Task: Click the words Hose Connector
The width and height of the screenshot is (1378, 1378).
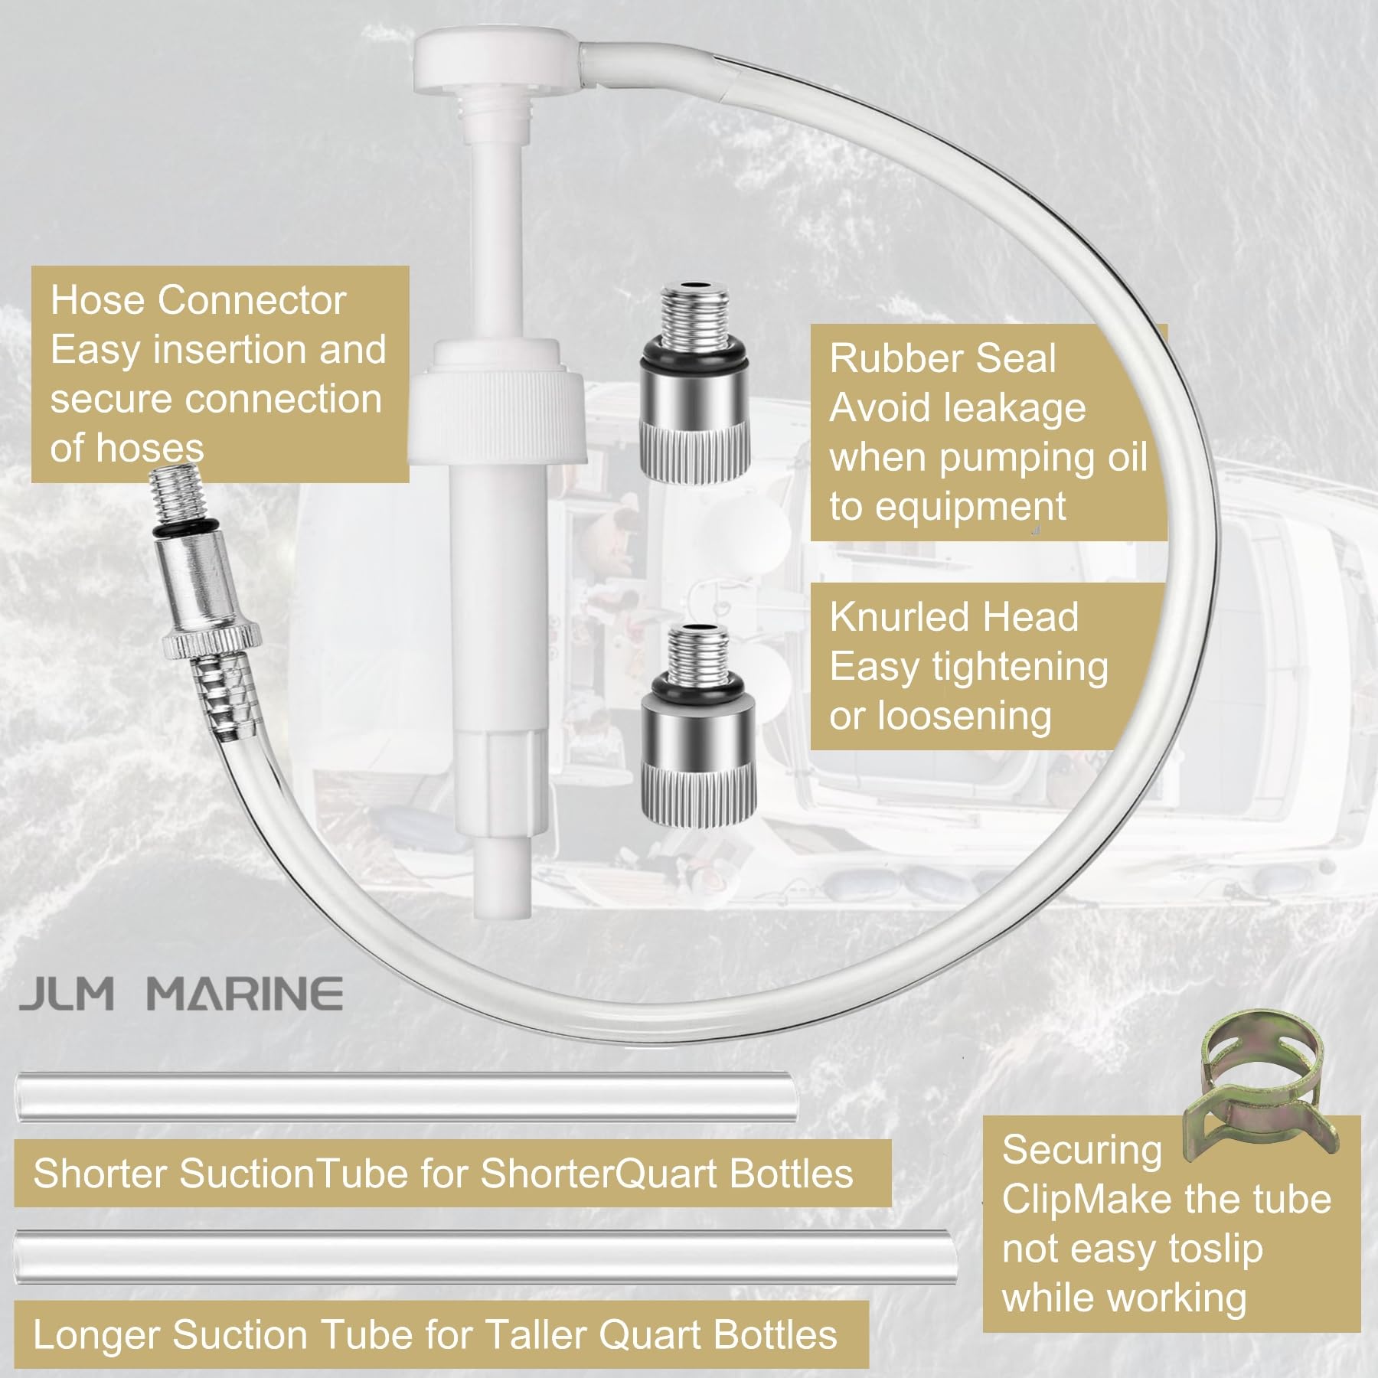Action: pos(198,300)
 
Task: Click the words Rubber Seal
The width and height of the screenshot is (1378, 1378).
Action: pos(942,359)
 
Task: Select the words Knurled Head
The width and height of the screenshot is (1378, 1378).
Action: pos(953,617)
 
